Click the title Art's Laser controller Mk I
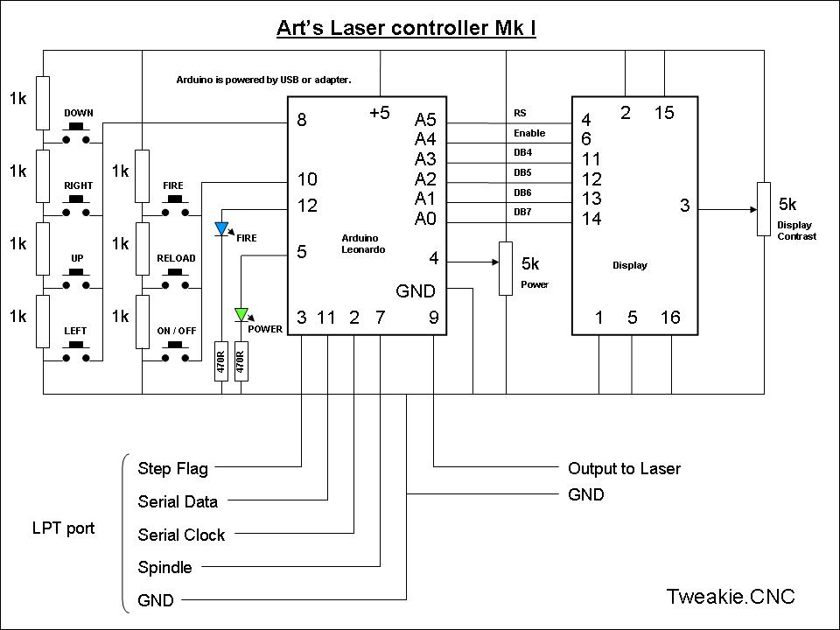406,28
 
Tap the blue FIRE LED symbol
221,230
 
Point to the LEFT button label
76,331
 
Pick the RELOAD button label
176,258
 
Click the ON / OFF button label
176,331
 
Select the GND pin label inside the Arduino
415,291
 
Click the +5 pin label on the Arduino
379,113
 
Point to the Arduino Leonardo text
362,244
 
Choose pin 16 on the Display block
670,318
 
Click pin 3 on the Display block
685,206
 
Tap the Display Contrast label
795,231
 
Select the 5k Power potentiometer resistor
505,269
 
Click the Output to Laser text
624,469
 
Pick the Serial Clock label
181,535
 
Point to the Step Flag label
172,469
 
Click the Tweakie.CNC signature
730,597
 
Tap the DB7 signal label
522,213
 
